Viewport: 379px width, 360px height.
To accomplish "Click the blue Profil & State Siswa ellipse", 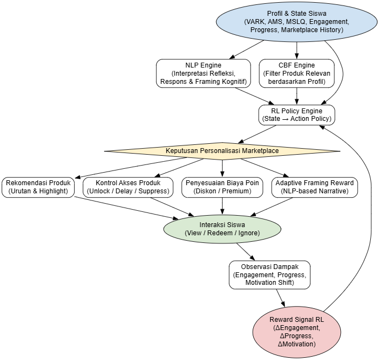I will click(x=297, y=21).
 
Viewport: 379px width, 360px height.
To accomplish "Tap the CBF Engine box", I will click(x=296, y=74).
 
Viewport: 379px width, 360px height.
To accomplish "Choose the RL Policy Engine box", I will click(x=296, y=115).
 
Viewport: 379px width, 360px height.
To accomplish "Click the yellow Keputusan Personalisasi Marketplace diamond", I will click(x=222, y=151).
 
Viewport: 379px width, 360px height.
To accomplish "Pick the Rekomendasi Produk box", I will click(x=38, y=187).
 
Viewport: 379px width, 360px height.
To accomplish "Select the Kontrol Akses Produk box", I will click(x=128, y=187).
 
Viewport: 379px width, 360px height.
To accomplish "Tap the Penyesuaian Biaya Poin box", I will click(x=222, y=187).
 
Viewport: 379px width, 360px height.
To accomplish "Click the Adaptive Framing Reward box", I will click(x=314, y=187).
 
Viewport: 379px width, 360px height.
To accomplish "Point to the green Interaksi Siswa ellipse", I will click(x=222, y=229).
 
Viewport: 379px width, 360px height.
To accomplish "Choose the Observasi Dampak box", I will click(x=269, y=274).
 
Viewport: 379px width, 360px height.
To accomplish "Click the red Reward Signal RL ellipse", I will click(x=296, y=329).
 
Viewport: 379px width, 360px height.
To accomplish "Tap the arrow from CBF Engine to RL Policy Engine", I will click(x=296, y=96).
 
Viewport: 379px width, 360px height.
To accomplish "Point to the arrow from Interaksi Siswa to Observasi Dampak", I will click(x=245, y=251).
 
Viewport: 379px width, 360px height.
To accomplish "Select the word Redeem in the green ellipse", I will click(x=223, y=233).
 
